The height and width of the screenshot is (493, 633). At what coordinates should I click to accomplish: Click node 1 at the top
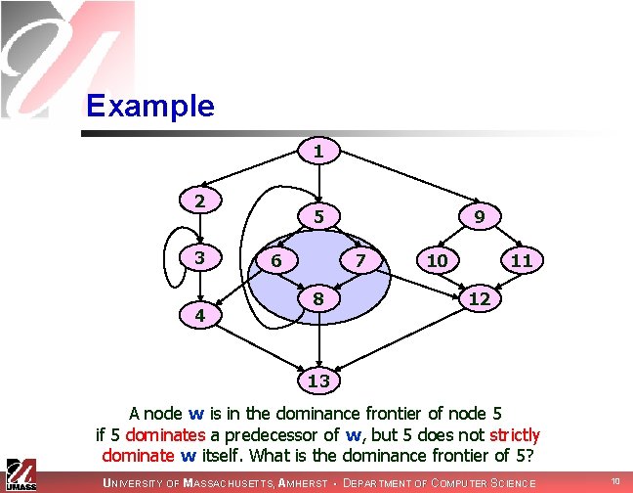(318, 152)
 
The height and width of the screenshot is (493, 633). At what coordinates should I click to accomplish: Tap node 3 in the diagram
(199, 258)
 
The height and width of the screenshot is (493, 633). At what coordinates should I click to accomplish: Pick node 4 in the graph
(199, 316)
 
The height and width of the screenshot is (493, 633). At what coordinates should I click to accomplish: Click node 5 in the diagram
(318, 215)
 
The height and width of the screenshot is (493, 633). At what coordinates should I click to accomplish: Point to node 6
(276, 261)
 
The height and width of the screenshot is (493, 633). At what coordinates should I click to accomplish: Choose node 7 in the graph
(360, 261)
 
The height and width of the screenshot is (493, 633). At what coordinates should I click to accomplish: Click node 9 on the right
(479, 215)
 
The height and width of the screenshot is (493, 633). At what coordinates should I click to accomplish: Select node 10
(437, 260)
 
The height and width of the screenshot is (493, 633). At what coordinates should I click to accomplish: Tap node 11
(521, 260)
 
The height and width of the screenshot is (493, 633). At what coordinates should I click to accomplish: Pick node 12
(479, 297)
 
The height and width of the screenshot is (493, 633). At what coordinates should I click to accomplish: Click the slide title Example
(149, 106)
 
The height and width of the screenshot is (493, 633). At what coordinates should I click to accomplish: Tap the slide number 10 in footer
(615, 481)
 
